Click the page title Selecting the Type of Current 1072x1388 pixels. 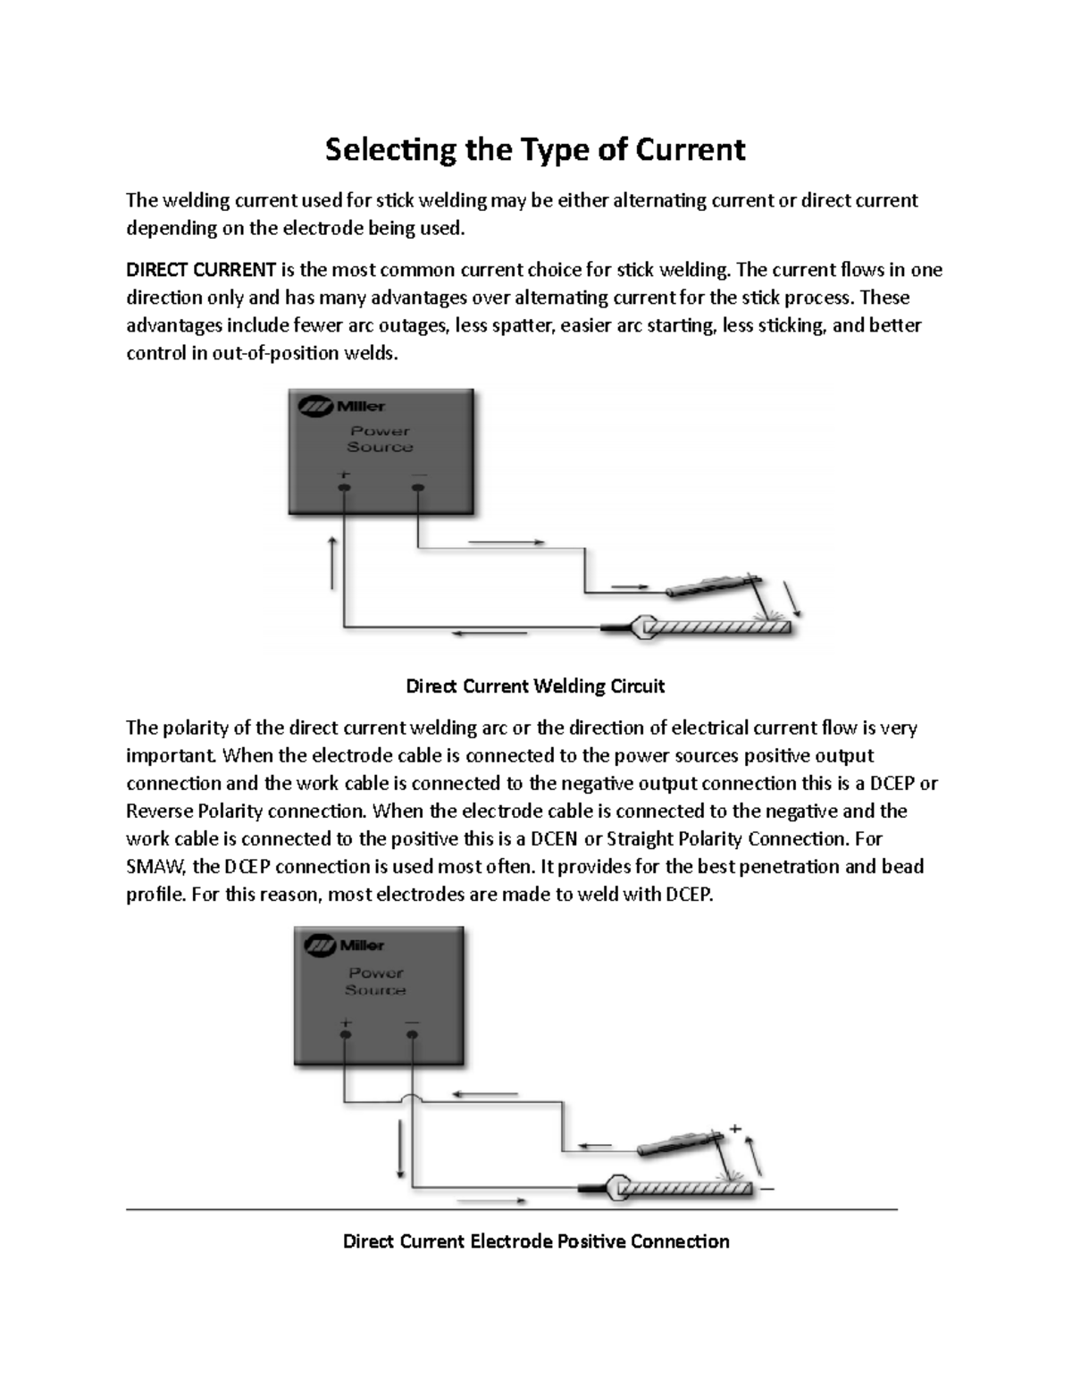(534, 149)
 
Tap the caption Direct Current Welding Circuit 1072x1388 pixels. (535, 686)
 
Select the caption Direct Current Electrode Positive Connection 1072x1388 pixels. (536, 1241)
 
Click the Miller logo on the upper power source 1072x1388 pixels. (342, 407)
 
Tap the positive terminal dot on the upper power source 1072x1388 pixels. (344, 488)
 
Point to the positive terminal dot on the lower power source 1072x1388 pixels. (345, 1035)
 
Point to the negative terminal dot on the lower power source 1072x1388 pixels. (412, 1035)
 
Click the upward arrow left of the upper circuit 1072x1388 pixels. (333, 563)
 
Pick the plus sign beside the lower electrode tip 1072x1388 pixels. (735, 1129)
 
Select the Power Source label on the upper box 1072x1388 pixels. (380, 439)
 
